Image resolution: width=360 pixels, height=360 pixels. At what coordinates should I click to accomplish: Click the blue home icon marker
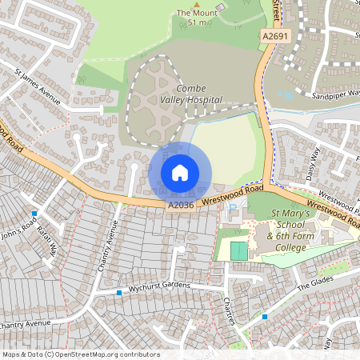point(180,173)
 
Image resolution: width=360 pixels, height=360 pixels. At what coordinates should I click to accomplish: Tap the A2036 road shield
point(182,206)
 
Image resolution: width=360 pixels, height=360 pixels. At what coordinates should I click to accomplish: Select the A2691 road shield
point(274,36)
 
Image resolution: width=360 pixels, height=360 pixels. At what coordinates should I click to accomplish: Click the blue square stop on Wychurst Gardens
point(119,293)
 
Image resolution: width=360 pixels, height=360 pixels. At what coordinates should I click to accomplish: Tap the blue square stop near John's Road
point(34,214)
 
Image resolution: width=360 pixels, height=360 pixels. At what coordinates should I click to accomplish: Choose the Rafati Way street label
point(50,242)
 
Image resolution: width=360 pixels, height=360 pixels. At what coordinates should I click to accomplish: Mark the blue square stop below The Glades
point(265,317)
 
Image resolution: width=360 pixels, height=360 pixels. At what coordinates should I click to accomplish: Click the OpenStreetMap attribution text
point(80,354)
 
